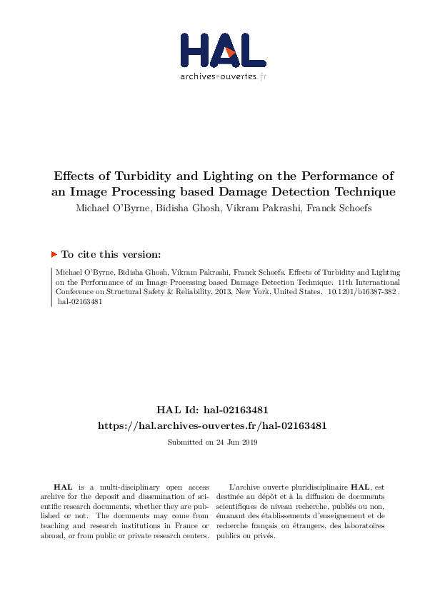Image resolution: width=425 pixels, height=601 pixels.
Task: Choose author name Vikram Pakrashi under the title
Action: (256, 208)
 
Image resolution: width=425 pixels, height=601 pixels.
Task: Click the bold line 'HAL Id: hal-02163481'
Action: (212, 410)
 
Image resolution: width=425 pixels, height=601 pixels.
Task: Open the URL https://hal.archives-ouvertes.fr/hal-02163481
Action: (212, 425)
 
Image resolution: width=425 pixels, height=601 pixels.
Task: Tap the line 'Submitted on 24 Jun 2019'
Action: (212, 443)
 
